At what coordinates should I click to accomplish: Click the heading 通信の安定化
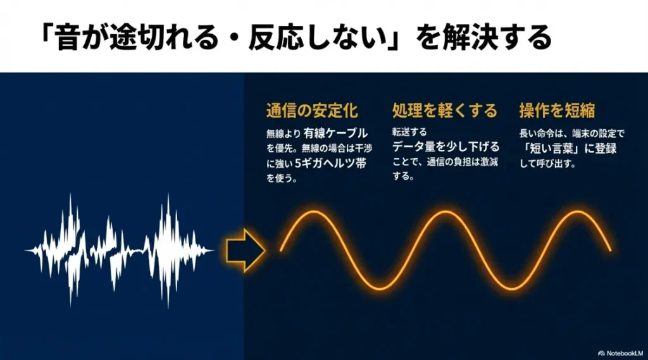pyautogui.click(x=312, y=111)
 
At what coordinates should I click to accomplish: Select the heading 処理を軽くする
pyautogui.click(x=444, y=111)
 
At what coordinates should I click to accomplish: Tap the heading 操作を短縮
pyautogui.click(x=557, y=111)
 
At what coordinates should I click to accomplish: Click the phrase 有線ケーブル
pyautogui.click(x=335, y=133)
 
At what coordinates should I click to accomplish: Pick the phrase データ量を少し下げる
pyautogui.click(x=445, y=147)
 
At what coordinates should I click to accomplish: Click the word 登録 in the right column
pyautogui.click(x=601, y=150)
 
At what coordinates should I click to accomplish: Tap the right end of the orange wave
pyautogui.click(x=610, y=251)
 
